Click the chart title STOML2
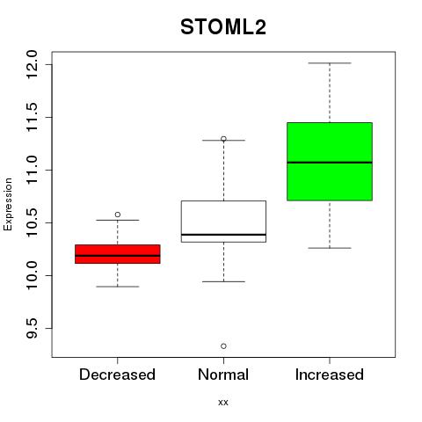pyautogui.click(x=223, y=27)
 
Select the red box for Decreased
pyautogui.click(x=118, y=254)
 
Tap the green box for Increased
pyautogui.click(x=330, y=162)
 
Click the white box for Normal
pyautogui.click(x=223, y=222)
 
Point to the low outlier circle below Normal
pyautogui.click(x=223, y=346)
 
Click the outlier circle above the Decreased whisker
pyautogui.click(x=118, y=215)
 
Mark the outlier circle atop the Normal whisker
pyautogui.click(x=223, y=139)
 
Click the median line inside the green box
pyautogui.click(x=330, y=163)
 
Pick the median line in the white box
pyautogui.click(x=223, y=235)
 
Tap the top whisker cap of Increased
pyautogui.click(x=330, y=63)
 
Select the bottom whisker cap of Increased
pyautogui.click(x=330, y=248)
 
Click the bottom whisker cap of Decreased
pyautogui.click(x=118, y=287)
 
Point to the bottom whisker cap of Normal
pyautogui.click(x=223, y=281)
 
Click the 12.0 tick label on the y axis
pyautogui.click(x=32, y=64)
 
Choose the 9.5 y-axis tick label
pyautogui.click(x=32, y=328)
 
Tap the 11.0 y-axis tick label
pyautogui.click(x=32, y=170)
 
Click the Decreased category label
pyautogui.click(x=117, y=375)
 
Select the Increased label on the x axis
pyautogui.click(x=330, y=375)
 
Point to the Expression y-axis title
pyautogui.click(x=8, y=204)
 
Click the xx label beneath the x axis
pyautogui.click(x=223, y=403)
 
